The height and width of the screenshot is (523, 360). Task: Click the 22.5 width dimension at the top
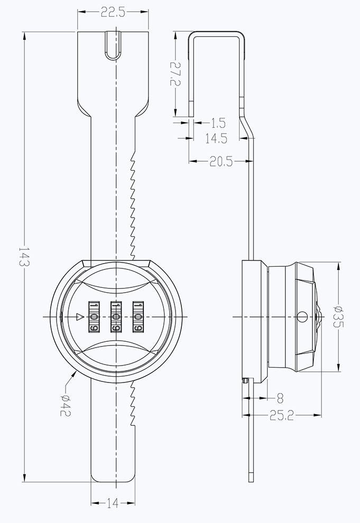pos(113,13)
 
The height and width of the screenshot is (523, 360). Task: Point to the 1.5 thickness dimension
pos(218,123)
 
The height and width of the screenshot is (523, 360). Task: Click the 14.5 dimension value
pos(216,138)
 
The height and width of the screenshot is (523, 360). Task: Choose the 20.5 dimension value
pos(221,162)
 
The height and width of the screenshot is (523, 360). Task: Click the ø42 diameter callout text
pos(66,405)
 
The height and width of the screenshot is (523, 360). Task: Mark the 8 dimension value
pos(280,398)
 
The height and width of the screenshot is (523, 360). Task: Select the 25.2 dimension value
pos(282,416)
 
